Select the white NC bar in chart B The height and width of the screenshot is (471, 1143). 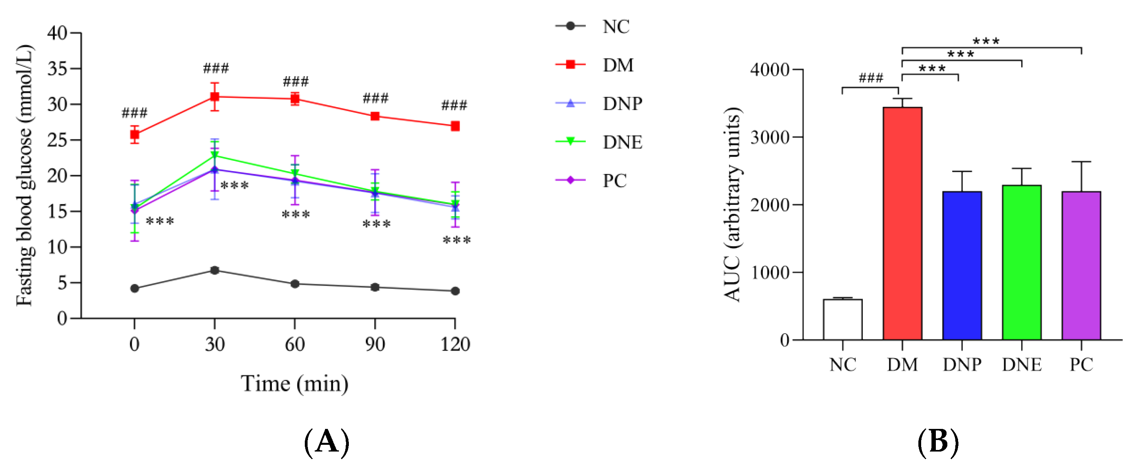coord(842,320)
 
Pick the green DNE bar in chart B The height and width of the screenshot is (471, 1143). coord(1022,263)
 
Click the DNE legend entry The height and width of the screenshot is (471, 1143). coord(598,142)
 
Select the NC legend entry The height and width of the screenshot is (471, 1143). coord(593,26)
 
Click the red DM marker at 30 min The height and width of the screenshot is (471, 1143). coord(215,97)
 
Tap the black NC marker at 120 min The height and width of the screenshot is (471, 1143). coord(455,291)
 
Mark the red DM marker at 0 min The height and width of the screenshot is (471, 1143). coord(135,135)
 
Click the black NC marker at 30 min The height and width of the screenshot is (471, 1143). coord(215,270)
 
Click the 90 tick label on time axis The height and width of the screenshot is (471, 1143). coord(375,344)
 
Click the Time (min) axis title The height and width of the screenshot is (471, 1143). coord(294,384)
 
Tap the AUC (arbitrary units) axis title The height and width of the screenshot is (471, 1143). coord(732,204)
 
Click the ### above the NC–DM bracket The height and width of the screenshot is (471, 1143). coord(871,78)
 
